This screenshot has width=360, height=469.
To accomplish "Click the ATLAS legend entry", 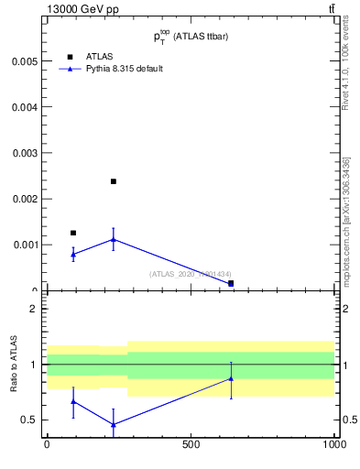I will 86,57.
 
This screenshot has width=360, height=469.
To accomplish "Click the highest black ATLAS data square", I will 113,181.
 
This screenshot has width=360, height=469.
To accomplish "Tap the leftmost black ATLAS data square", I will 73,233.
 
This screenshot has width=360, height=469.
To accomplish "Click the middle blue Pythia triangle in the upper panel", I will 113,239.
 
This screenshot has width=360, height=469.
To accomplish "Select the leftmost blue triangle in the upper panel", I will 73,254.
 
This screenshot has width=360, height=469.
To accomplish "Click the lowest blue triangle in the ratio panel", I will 113,424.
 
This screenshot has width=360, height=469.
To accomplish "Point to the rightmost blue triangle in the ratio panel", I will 231,378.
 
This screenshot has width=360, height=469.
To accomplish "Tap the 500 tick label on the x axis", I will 191,444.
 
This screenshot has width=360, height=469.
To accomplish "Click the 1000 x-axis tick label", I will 334,444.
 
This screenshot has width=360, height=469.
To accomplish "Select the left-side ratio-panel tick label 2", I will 34,309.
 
